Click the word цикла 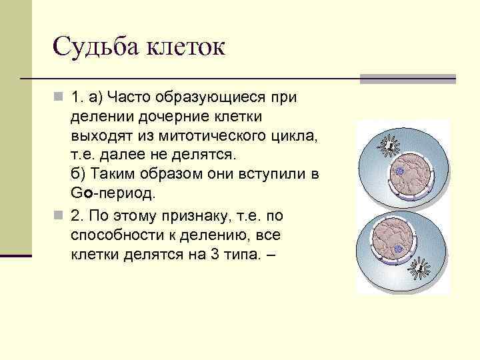[293, 136]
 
